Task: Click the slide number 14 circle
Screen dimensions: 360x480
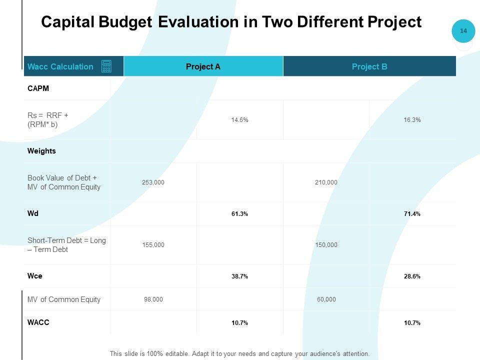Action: tap(463, 31)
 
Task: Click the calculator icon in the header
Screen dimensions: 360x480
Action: tap(106, 66)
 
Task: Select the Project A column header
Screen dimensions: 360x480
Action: tap(203, 66)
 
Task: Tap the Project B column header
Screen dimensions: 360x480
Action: tap(369, 66)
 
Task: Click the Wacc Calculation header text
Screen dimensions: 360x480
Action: tap(60, 66)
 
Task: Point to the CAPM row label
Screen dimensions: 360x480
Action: tap(38, 88)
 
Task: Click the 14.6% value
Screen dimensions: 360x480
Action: tap(240, 120)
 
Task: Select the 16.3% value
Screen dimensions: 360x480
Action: tap(412, 120)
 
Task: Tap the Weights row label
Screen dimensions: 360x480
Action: tap(41, 151)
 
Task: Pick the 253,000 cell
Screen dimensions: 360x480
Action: tap(153, 182)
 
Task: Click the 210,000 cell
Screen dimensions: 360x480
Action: tap(326, 182)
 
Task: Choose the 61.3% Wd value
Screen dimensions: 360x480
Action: tap(240, 214)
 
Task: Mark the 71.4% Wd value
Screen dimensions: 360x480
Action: tap(412, 214)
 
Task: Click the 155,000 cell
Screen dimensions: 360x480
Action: tap(153, 245)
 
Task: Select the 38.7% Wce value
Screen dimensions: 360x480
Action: tap(240, 276)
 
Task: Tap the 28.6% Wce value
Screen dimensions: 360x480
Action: tap(412, 276)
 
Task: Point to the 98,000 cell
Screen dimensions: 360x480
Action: tap(153, 299)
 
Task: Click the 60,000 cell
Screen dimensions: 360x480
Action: tap(326, 299)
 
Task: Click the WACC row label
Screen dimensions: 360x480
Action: tap(38, 322)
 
